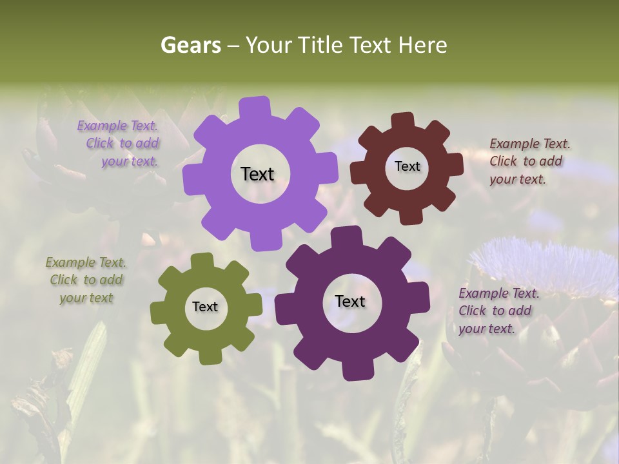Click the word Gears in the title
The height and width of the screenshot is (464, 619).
click(190, 45)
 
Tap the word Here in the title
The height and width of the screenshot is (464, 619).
click(422, 45)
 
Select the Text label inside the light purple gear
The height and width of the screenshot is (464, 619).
click(257, 174)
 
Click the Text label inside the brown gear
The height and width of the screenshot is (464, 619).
click(407, 166)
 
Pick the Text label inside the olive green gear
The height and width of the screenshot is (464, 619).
click(204, 307)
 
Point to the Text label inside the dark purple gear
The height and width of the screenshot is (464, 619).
click(350, 301)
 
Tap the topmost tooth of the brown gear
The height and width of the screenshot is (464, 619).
click(403, 121)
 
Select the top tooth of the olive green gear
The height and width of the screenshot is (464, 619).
click(202, 260)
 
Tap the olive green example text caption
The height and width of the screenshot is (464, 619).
click(86, 280)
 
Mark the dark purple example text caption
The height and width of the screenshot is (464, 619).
click(496, 311)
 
